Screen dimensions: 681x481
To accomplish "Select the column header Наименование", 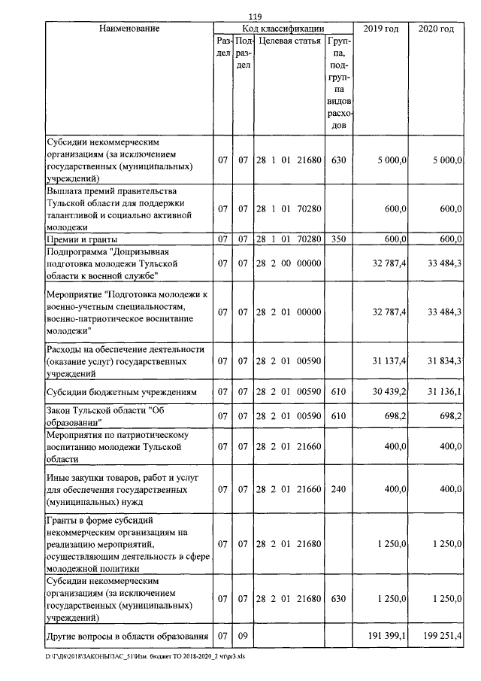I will click(129, 29).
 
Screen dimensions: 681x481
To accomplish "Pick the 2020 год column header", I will click(435, 29).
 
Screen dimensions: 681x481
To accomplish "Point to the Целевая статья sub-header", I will click(289, 41).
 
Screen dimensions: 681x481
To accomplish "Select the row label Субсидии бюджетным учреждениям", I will click(121, 392).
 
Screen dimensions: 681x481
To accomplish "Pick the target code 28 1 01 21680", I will click(289, 160).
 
